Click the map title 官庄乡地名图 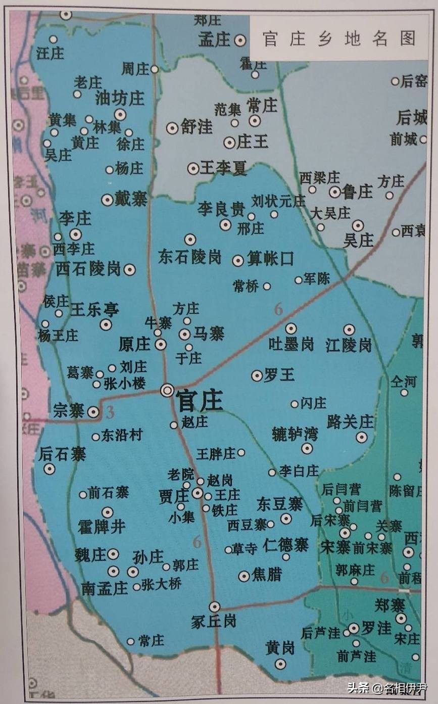tap(339, 39)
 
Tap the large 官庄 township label tap(199, 402)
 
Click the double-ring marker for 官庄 tap(167, 390)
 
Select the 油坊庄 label tap(120, 98)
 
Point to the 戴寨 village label tap(131, 200)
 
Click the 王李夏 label tap(223, 169)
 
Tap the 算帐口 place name tap(270, 260)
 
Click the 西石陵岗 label tap(88, 268)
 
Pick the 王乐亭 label tap(94, 309)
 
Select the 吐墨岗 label tap(290, 344)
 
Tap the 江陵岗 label tap(349, 345)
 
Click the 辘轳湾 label tap(295, 434)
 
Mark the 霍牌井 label tap(101, 528)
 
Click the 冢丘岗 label tap(214, 621)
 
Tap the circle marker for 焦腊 tap(245, 576)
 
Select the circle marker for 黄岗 tap(280, 664)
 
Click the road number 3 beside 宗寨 tap(110, 413)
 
